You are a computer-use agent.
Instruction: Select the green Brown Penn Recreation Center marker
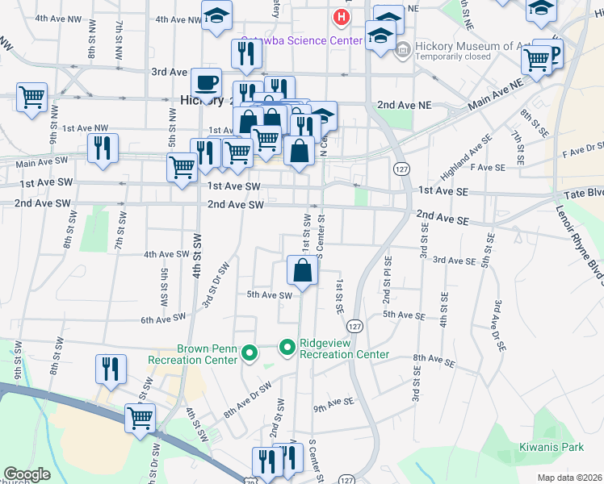click(250, 353)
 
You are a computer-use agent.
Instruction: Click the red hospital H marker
click(342, 15)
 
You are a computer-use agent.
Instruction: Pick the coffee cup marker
click(207, 82)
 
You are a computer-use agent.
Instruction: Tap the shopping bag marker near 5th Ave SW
click(302, 270)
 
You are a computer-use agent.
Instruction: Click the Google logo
click(27, 474)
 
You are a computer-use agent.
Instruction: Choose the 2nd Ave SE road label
click(443, 217)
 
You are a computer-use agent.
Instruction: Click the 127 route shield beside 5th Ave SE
click(354, 324)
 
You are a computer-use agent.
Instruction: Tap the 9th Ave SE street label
click(334, 401)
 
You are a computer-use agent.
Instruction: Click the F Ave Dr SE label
click(582, 148)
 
